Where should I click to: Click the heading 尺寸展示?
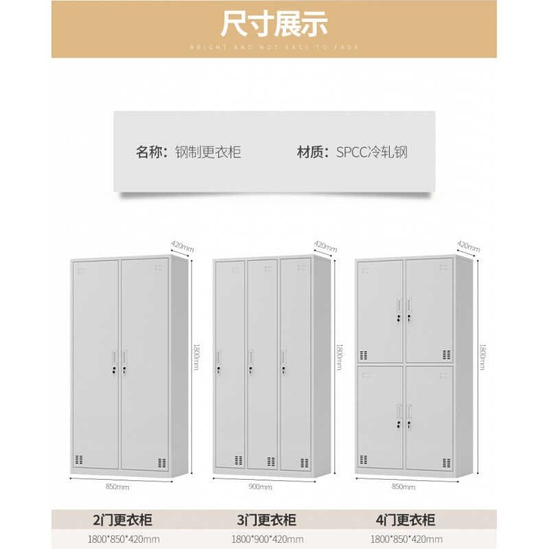[274, 24]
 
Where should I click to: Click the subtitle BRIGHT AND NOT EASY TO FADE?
[274, 47]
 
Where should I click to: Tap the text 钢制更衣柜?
[208, 152]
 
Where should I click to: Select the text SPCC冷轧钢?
[371, 152]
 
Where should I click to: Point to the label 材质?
[312, 152]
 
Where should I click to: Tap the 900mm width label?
[261, 487]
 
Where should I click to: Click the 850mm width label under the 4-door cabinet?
[403, 487]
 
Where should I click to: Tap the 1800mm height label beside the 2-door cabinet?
[196, 357]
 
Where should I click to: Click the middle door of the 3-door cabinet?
[261, 364]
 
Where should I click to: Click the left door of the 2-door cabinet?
[96, 364]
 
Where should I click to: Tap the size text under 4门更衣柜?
[405, 539]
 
